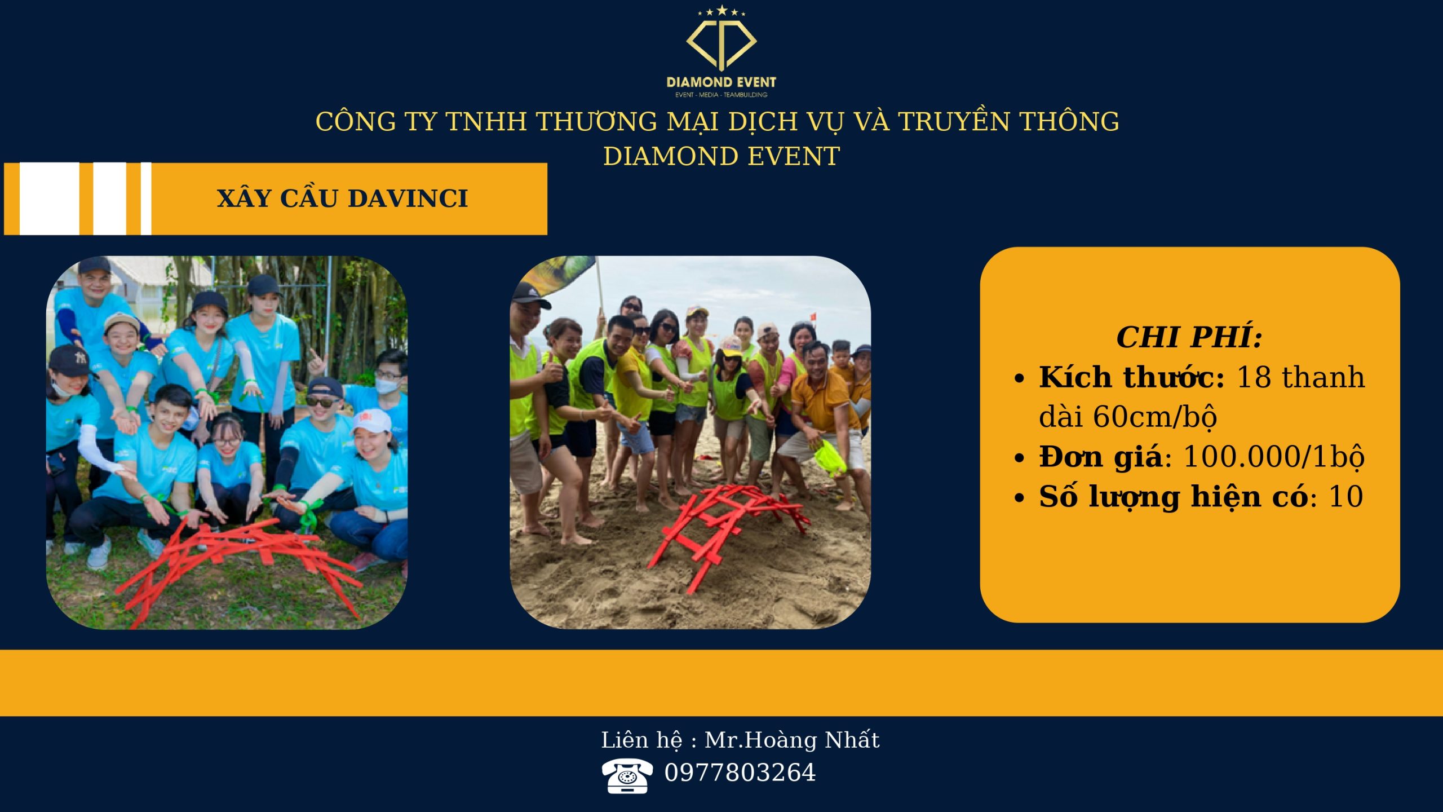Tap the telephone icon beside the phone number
(627, 775)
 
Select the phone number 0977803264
(740, 773)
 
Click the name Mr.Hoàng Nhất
(792, 740)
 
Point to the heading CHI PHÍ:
(1189, 337)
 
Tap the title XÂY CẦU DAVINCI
(342, 198)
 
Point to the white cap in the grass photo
(372, 421)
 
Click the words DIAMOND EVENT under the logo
(721, 82)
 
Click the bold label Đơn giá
(1100, 457)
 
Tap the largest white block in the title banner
(50, 198)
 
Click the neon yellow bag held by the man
(830, 457)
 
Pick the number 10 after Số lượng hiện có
(1346, 496)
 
